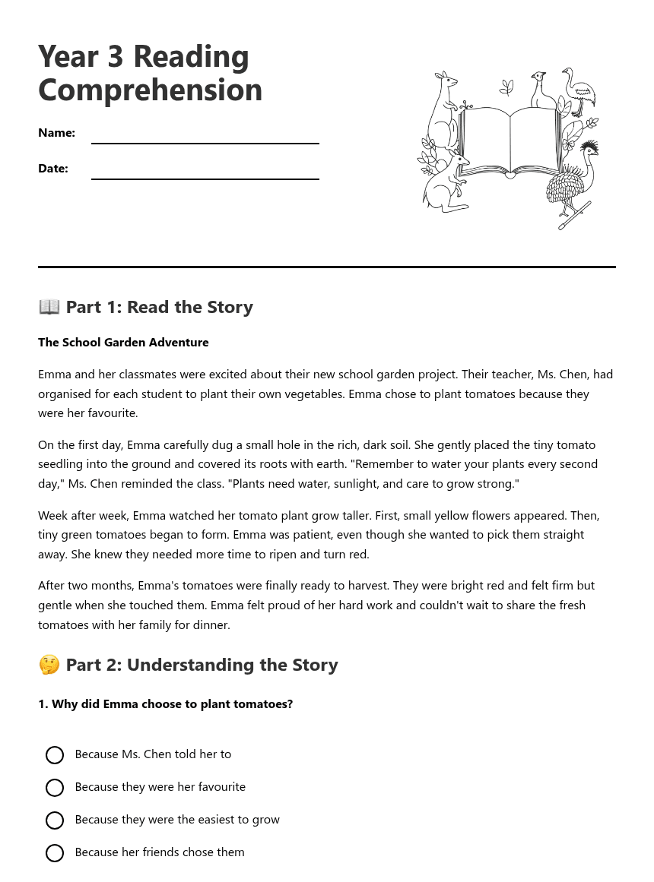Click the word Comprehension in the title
(150, 90)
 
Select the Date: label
(53, 169)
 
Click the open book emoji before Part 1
(49, 307)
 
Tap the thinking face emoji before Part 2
(49, 665)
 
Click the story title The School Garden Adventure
(123, 343)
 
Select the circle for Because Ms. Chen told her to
(55, 755)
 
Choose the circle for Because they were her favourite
(55, 788)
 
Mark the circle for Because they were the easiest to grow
(55, 820)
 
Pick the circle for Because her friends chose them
(55, 853)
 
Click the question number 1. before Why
(43, 704)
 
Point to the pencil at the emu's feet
(573, 216)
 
